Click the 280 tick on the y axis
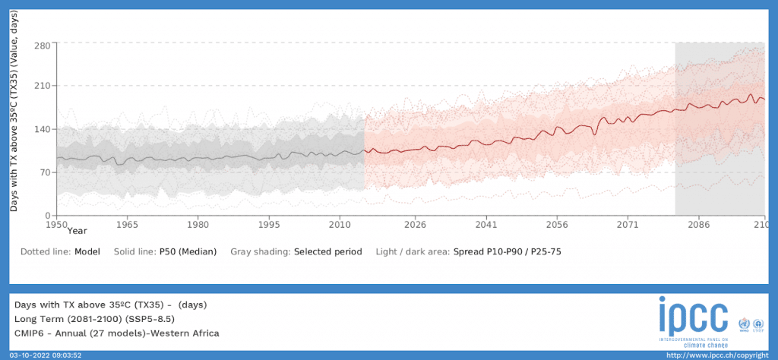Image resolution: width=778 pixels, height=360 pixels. click(42, 45)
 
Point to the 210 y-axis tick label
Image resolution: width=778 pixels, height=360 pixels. click(42, 86)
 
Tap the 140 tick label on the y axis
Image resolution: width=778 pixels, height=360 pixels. click(42, 129)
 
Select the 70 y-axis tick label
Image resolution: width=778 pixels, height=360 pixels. click(45, 172)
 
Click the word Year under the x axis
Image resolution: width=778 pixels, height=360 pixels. click(76, 230)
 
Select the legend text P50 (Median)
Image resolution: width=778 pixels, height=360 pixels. click(188, 251)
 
